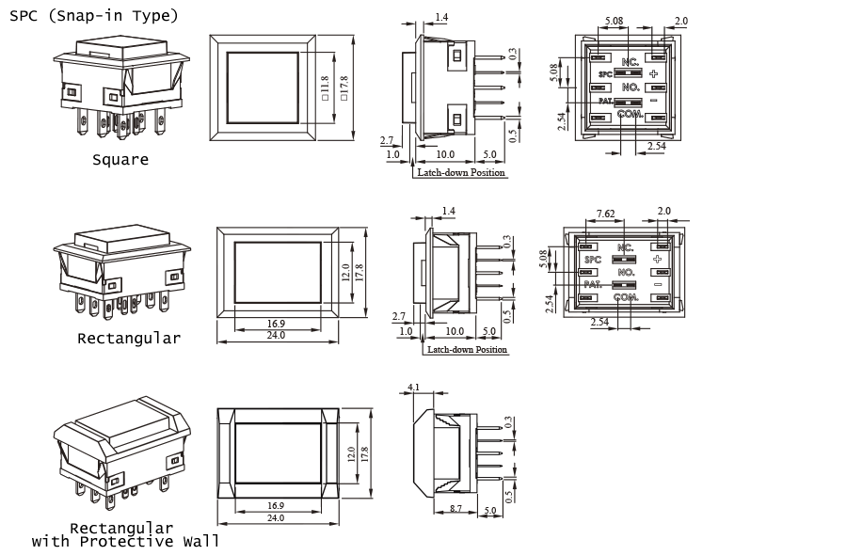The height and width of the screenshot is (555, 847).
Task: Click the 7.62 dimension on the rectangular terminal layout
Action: (x=606, y=214)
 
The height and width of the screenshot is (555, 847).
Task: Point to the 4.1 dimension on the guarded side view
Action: (x=413, y=387)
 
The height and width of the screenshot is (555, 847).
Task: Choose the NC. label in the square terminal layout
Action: (x=630, y=59)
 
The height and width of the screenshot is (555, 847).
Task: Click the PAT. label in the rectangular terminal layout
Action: (x=592, y=284)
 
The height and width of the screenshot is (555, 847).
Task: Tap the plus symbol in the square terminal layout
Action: (x=653, y=72)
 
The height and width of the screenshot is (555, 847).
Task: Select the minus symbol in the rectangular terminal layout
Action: (x=658, y=284)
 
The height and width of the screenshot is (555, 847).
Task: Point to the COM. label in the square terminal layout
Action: (x=630, y=114)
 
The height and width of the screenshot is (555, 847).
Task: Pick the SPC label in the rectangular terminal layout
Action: (x=592, y=259)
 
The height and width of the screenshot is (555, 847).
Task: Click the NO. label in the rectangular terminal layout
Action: (x=624, y=272)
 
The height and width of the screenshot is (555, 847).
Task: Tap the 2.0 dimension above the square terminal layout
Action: (x=680, y=20)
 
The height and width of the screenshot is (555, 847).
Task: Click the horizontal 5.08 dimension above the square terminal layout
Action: (x=614, y=20)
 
